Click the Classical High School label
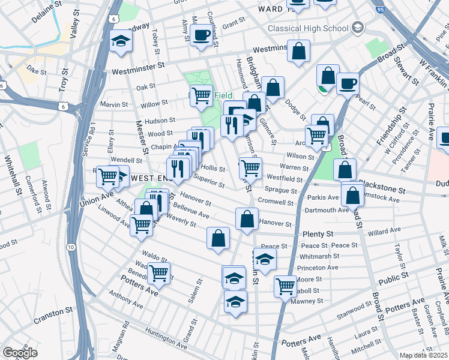pyautogui.click(x=308, y=28)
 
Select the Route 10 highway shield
pyautogui.click(x=71, y=247)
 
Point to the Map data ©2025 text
pyautogui.click(x=424, y=355)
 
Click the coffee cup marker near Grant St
pyautogui.click(x=200, y=34)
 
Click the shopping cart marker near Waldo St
pyautogui.click(x=158, y=272)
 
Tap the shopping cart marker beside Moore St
pyautogui.click(x=285, y=286)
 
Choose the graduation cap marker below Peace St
pyautogui.click(x=264, y=259)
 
